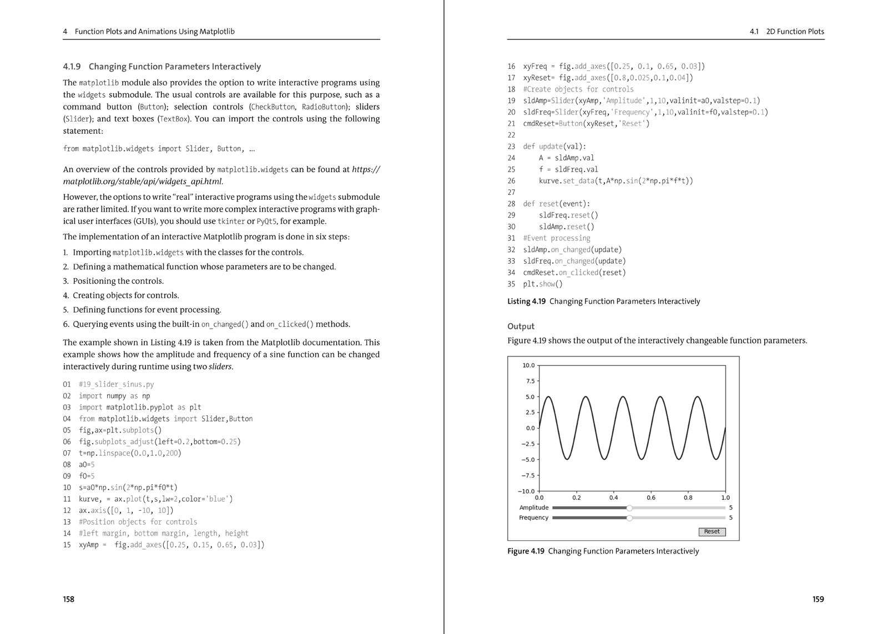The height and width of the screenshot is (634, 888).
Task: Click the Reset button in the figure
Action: click(712, 532)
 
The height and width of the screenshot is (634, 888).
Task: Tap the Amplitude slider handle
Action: click(629, 508)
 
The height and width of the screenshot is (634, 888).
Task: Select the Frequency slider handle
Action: click(629, 518)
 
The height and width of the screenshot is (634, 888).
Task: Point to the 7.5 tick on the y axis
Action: click(529, 381)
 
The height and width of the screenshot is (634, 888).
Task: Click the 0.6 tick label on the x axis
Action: click(651, 498)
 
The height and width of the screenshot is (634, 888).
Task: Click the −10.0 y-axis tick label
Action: click(526, 491)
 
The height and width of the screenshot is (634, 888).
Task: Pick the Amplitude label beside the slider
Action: click(534, 508)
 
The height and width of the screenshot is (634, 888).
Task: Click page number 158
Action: click(68, 599)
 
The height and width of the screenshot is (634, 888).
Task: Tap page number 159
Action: click(818, 599)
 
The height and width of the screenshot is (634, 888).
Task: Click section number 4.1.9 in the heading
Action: click(72, 67)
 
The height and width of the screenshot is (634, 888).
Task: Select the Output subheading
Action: click(521, 326)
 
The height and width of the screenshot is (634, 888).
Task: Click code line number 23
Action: click(511, 147)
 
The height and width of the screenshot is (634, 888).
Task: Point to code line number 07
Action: click(67, 453)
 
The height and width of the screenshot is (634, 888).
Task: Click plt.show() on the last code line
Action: click(543, 284)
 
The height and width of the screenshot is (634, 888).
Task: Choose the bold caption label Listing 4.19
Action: click(526, 301)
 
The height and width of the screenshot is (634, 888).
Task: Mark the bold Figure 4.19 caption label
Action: click(526, 551)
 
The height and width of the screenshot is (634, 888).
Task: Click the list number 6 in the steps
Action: click(65, 324)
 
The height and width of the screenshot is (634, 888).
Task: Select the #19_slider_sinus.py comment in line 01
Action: click(117, 384)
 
